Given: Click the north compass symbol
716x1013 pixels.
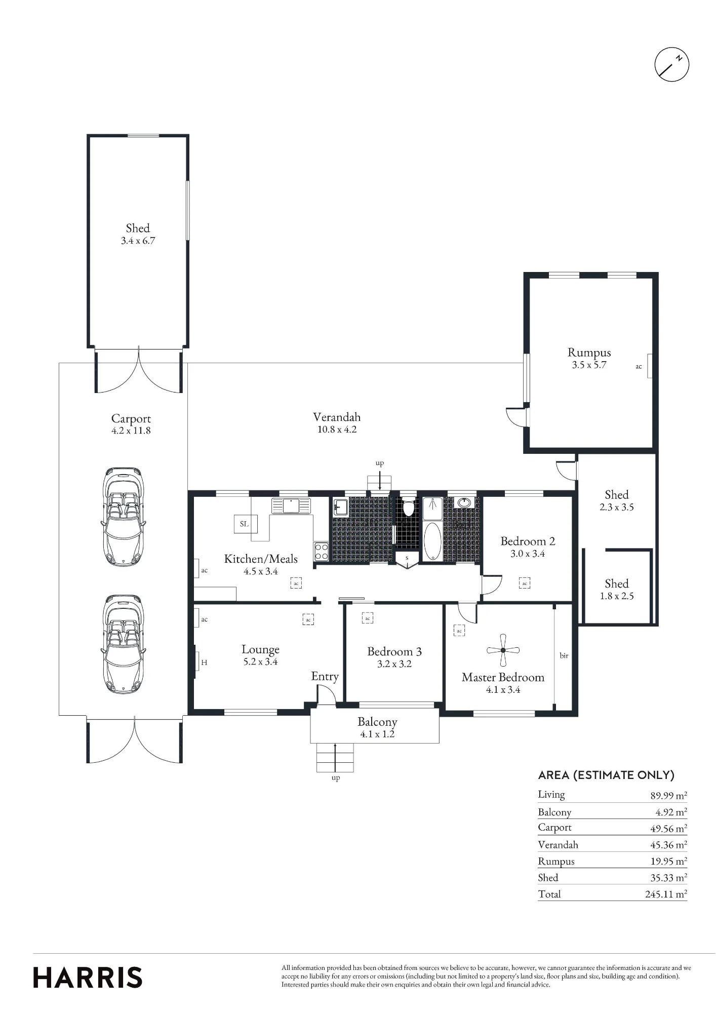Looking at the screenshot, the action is (x=671, y=64).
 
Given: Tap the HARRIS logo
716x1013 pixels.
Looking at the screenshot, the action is (x=88, y=977).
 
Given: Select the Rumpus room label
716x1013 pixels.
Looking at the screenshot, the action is (x=589, y=353).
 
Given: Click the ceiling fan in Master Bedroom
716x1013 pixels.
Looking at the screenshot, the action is (x=503, y=650).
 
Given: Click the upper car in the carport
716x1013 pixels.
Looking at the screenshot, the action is (x=124, y=517).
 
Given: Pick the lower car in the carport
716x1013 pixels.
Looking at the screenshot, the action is (x=124, y=644).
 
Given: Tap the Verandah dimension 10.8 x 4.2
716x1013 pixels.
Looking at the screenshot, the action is (x=337, y=430).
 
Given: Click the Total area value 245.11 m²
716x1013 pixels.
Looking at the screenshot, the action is (x=666, y=894).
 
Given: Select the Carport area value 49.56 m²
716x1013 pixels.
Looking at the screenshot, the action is (x=668, y=828).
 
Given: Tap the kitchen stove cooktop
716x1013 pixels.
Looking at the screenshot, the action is (x=321, y=552).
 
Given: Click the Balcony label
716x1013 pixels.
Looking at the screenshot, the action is (x=377, y=722).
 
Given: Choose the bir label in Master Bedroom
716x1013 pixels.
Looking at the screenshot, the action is (x=564, y=655).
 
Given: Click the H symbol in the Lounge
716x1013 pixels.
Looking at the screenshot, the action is (x=204, y=663).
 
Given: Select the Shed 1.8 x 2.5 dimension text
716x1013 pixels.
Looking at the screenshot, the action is (x=616, y=596).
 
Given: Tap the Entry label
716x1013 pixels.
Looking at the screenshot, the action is (x=325, y=677).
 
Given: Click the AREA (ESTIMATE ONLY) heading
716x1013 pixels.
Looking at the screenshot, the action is (x=606, y=775).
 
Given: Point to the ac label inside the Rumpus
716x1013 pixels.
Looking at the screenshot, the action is (x=639, y=367).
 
